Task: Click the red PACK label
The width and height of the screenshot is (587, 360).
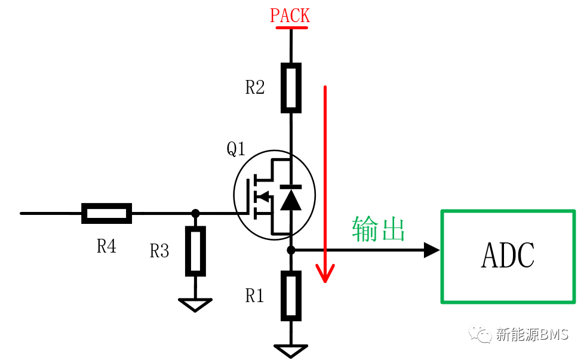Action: tap(290, 16)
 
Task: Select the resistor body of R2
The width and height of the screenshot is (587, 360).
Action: tap(291, 88)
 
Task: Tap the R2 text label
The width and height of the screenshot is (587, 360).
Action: tap(254, 87)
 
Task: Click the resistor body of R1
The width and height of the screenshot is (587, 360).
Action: tap(291, 296)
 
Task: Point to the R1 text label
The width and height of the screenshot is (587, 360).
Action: tap(254, 296)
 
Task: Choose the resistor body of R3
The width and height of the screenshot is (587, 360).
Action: tap(195, 251)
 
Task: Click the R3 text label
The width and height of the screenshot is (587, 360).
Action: tap(159, 251)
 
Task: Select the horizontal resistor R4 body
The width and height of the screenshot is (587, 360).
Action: tap(107, 213)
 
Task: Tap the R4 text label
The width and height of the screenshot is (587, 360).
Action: tap(106, 246)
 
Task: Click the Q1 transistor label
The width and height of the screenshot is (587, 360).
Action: tap(236, 149)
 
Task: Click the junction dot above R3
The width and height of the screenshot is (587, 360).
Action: tap(195, 213)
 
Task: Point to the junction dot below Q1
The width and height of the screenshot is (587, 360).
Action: tap(291, 250)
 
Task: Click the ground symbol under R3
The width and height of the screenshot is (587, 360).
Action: tap(195, 304)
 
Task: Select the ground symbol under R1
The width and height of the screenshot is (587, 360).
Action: tap(291, 351)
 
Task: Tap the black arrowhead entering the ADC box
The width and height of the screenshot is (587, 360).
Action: tap(432, 250)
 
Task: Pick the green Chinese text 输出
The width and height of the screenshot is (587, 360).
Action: tap(379, 229)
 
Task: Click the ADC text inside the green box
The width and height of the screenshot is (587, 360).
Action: tap(508, 255)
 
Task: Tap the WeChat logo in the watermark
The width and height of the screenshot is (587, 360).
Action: tap(480, 334)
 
